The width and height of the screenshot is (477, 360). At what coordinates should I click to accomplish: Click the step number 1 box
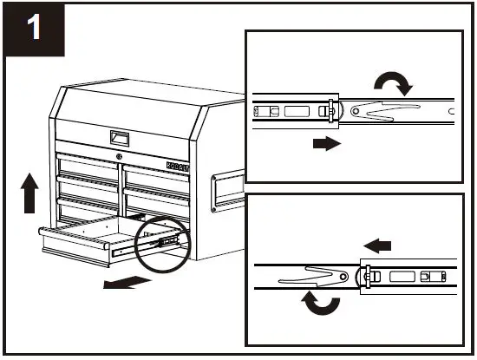point(34,29)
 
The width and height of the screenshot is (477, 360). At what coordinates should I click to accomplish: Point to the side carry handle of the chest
point(225,187)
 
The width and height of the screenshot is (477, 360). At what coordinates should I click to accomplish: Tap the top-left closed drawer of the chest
point(87,165)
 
